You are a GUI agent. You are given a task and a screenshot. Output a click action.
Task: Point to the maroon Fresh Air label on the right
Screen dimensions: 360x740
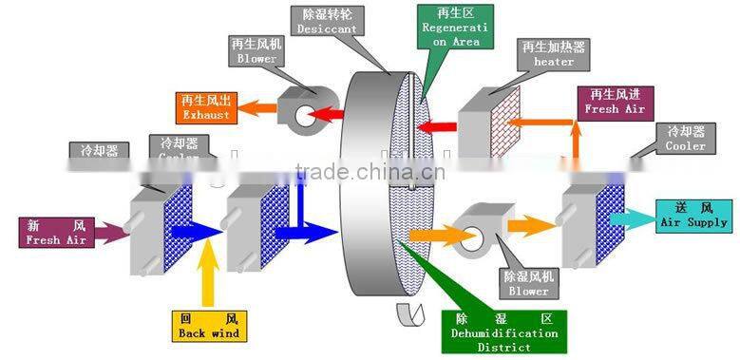click(615, 101)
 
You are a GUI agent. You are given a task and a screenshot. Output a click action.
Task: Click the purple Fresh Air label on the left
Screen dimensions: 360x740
click(55, 232)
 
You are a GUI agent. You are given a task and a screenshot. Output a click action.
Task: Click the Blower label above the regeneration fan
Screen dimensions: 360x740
click(255, 50)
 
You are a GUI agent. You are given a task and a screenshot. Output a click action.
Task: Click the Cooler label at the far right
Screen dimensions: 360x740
click(686, 139)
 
